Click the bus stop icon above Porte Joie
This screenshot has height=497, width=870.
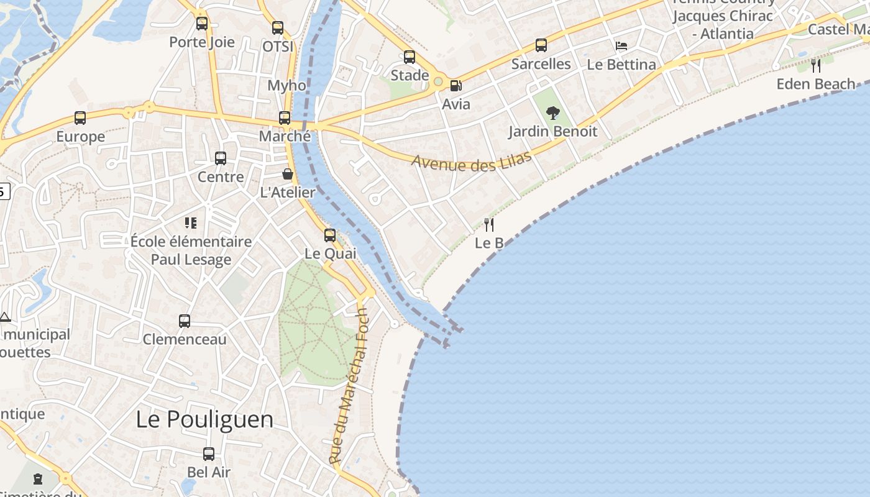tap(202, 24)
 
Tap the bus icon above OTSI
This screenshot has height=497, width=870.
tap(278, 28)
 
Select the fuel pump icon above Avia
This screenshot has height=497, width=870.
tap(456, 86)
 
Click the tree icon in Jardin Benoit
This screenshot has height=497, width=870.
tap(552, 113)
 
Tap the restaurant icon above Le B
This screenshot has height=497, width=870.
tap(489, 224)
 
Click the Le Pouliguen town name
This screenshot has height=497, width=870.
tap(204, 419)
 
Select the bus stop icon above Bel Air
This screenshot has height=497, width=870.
tap(209, 454)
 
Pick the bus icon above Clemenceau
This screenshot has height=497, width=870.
tap(185, 321)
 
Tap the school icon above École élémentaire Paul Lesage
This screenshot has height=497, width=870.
tap(191, 222)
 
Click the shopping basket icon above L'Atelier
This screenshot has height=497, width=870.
tap(288, 174)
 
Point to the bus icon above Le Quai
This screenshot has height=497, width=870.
tap(330, 235)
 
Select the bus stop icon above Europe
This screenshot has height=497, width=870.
tap(80, 118)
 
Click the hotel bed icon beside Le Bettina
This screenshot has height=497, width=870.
tap(621, 46)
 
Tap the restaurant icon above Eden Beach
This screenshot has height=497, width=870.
tap(816, 65)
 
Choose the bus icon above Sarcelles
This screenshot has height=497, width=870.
tap(541, 45)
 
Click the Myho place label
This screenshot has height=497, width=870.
tap(286, 86)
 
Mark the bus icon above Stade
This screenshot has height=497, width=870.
tap(410, 57)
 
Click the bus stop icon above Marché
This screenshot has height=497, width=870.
tap(285, 118)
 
